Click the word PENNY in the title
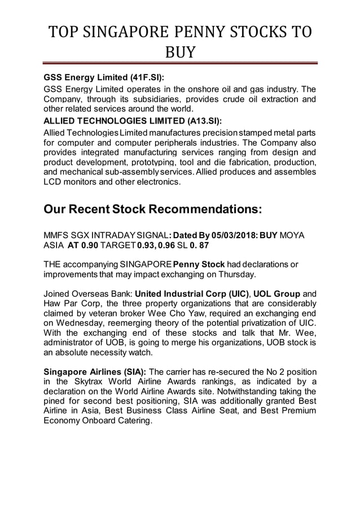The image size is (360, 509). pos(183,32)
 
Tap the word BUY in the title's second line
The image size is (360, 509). pos(179,53)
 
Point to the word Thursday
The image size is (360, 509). pos(236,275)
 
